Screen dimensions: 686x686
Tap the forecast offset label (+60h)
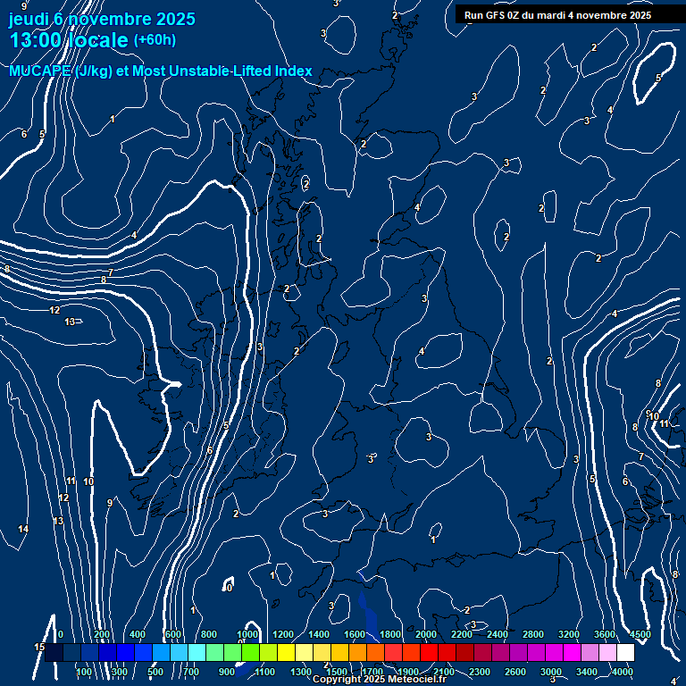tap(155, 39)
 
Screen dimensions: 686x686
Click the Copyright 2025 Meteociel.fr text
tap(380, 680)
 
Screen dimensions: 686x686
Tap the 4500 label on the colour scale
tap(640, 634)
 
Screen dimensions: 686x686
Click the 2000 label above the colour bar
tap(426, 634)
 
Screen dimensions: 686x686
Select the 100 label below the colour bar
tap(85, 671)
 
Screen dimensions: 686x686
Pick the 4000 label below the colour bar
tap(623, 671)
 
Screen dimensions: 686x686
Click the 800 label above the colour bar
tap(209, 634)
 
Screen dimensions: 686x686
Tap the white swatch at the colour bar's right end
tap(625, 653)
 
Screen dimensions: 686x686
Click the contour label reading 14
tap(23, 530)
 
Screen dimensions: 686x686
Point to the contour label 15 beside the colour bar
tap(39, 647)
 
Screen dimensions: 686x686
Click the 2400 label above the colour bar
tap(498, 634)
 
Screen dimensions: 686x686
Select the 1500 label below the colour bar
tap(337, 671)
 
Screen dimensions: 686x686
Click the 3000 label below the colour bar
tap(551, 671)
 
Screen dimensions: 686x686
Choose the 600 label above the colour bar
tap(173, 634)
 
